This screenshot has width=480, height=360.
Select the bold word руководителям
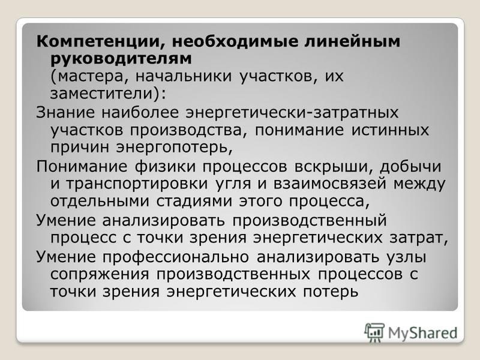coord(121,59)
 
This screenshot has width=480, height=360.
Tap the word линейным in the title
coord(352,41)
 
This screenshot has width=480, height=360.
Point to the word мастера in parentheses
coord(91,77)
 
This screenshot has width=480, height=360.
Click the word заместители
coord(101,94)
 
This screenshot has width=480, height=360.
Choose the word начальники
coord(184,76)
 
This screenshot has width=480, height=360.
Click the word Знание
coord(65,112)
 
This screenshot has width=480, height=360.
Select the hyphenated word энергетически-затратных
coord(292,113)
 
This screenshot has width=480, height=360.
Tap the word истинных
coord(389,130)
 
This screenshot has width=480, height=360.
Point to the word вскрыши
coord(333,167)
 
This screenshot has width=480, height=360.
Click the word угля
coord(233,184)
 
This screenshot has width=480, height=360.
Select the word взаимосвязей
coord(329,184)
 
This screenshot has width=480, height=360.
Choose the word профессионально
coord(175,257)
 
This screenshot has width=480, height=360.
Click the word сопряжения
coord(100,274)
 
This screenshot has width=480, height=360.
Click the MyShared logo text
coord(423,333)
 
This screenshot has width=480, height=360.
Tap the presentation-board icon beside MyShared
coord(374,332)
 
